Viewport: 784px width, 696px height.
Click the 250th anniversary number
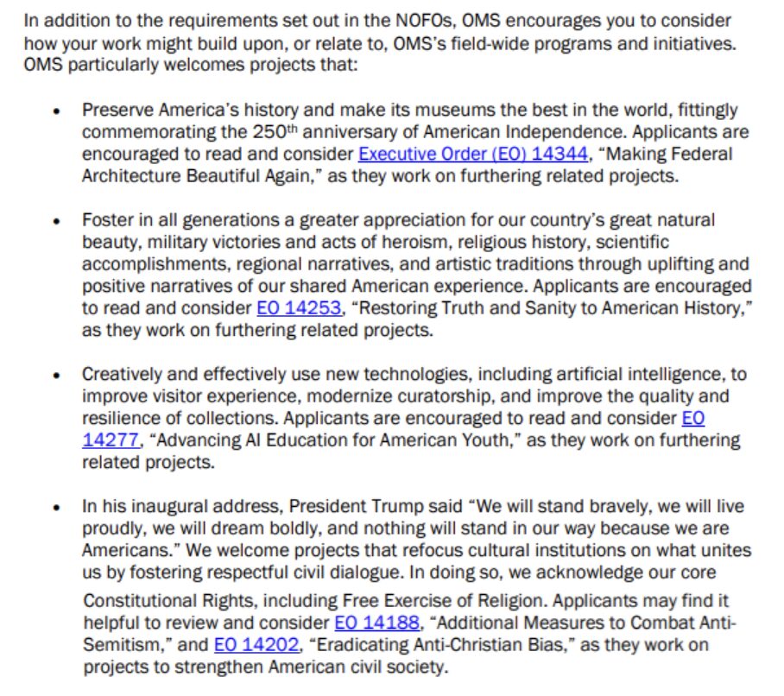276,133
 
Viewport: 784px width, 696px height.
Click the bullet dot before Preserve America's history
57,112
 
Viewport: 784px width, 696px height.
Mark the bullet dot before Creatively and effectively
57,376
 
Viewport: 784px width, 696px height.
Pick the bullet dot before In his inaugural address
57,508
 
